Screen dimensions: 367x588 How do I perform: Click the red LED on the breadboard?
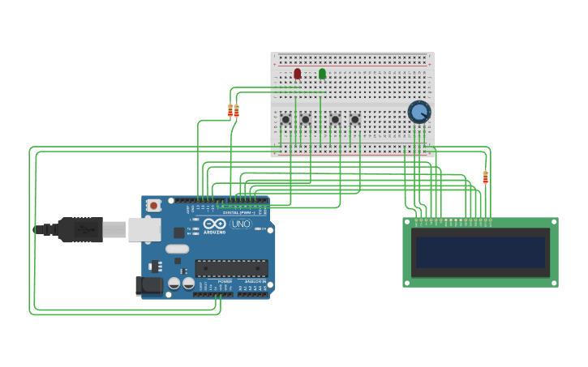298,74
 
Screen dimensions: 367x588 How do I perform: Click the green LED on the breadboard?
322,74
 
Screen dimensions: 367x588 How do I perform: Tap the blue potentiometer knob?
418,112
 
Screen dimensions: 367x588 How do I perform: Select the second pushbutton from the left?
305,119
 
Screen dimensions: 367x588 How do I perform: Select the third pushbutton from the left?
335,119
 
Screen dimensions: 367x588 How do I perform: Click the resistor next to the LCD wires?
486,177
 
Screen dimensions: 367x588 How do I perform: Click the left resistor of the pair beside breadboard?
230,111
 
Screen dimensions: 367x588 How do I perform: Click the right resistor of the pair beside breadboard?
237,111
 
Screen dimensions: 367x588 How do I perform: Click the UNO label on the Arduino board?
241,224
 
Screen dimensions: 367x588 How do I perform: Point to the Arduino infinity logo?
214,224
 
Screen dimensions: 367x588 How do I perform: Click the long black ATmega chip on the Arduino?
231,268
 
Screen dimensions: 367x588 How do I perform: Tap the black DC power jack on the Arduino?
148,285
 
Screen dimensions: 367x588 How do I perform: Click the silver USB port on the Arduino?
144,230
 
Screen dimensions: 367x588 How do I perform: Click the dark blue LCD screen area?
480,252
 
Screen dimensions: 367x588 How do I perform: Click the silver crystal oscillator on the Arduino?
177,250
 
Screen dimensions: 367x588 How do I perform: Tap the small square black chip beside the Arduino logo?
178,233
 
